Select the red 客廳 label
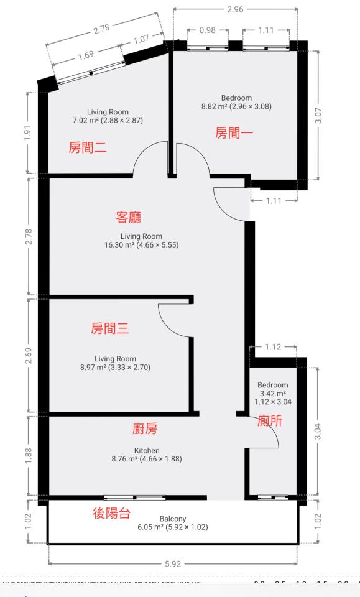pos(129,217)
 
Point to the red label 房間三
pos(110,329)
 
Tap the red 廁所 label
pos(269,421)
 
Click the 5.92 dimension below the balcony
pos(172,565)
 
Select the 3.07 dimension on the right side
pos(318,116)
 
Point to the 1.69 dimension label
pos(86,57)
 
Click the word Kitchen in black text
pos(147,450)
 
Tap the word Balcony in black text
pos(172,518)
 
